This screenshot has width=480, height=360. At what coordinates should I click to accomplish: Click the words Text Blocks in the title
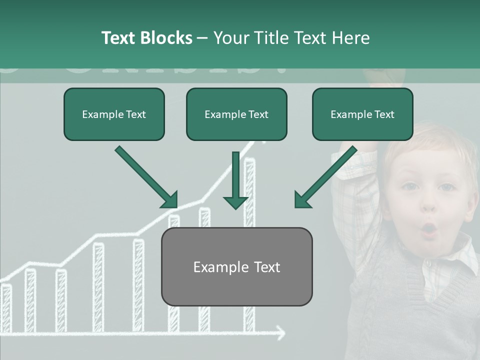146,38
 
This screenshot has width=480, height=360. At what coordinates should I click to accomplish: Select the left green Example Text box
114,114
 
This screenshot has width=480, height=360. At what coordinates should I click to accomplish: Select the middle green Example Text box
236,114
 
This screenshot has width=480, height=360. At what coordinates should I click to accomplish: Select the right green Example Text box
362,114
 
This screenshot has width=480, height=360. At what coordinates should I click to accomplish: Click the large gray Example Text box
236,267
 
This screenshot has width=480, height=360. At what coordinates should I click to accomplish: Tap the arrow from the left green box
146,176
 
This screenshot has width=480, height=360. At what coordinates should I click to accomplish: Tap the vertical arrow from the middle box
235,180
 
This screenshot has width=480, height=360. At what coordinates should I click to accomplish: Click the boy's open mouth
429,229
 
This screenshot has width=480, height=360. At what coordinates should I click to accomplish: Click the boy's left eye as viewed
410,186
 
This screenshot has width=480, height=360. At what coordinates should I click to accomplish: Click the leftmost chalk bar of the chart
6,307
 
